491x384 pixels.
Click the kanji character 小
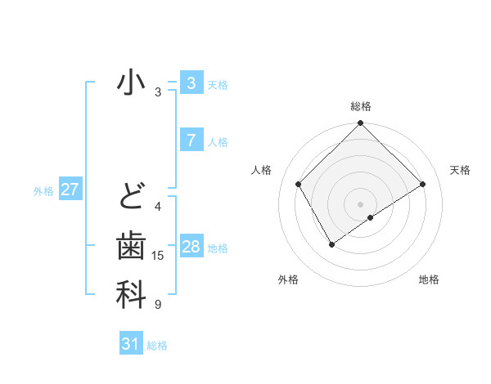tap(131, 83)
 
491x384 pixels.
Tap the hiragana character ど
tap(131, 197)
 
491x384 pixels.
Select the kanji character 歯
tap(131, 246)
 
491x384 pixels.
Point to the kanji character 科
tap(131, 295)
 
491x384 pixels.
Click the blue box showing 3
tap(191, 83)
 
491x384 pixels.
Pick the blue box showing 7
tap(191, 140)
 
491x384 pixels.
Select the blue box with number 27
tap(70, 190)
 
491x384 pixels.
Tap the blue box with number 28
tap(191, 247)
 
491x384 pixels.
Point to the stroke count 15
tap(158, 256)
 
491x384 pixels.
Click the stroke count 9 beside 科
tap(158, 305)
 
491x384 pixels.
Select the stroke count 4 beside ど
tap(158, 207)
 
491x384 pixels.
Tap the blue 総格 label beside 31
tap(157, 346)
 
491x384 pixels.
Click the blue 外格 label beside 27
tap(43, 191)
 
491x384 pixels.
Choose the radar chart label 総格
tap(361, 106)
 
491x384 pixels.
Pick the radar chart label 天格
tap(461, 170)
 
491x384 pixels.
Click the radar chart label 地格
tap(429, 279)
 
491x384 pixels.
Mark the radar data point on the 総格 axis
tap(361, 124)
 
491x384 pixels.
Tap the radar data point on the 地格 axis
tap(372, 217)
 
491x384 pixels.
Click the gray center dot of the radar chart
tap(361, 203)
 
